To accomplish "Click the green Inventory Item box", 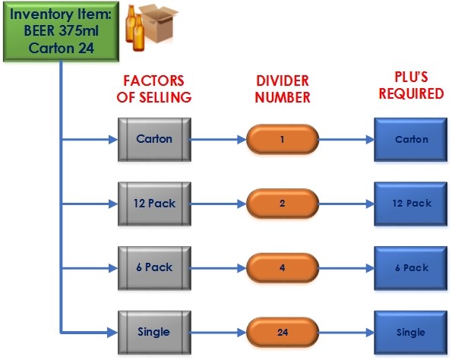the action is click(61, 31).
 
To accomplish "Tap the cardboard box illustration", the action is click(160, 23).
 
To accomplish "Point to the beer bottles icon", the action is click(135, 28).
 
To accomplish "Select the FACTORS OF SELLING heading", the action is click(154, 89).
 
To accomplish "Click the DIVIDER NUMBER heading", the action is click(283, 89).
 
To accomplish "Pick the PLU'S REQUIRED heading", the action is click(411, 85).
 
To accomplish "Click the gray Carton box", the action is click(154, 140).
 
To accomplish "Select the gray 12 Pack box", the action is click(154, 204).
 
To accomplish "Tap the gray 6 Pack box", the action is click(154, 268).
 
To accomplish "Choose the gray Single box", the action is click(154, 333).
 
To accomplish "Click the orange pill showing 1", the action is click(283, 140).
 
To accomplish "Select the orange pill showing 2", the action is click(283, 204).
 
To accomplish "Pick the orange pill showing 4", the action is click(283, 268).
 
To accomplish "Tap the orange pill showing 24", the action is click(283, 333).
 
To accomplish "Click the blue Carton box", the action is click(411, 140).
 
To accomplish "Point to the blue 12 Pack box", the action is click(411, 204).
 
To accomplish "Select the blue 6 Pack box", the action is click(411, 268).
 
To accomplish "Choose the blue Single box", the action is click(411, 333).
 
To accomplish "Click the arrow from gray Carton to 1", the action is click(218, 140).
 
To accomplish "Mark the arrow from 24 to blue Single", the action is click(346, 333).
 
